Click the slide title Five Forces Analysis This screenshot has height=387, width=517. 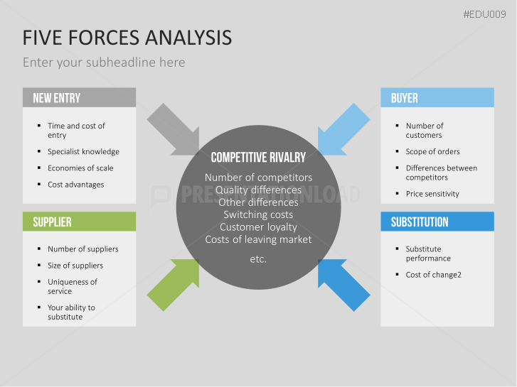(127, 37)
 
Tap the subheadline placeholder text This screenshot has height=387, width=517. (104, 62)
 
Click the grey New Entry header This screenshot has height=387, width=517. (79, 98)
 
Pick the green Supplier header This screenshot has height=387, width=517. (79, 222)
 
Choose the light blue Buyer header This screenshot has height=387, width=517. (437, 98)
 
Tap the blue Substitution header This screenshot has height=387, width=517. (437, 222)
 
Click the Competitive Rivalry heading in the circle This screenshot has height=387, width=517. (258, 158)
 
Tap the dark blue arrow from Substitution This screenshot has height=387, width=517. (343, 285)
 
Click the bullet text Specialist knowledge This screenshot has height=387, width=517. (83, 151)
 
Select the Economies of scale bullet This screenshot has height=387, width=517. (80, 168)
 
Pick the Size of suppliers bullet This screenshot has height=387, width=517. (75, 265)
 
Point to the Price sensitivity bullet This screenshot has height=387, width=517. (432, 193)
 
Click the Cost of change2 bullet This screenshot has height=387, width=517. (434, 274)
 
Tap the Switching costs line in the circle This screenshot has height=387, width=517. (258, 214)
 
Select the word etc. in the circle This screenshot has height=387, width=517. (258, 259)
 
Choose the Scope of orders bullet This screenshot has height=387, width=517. (432, 151)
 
